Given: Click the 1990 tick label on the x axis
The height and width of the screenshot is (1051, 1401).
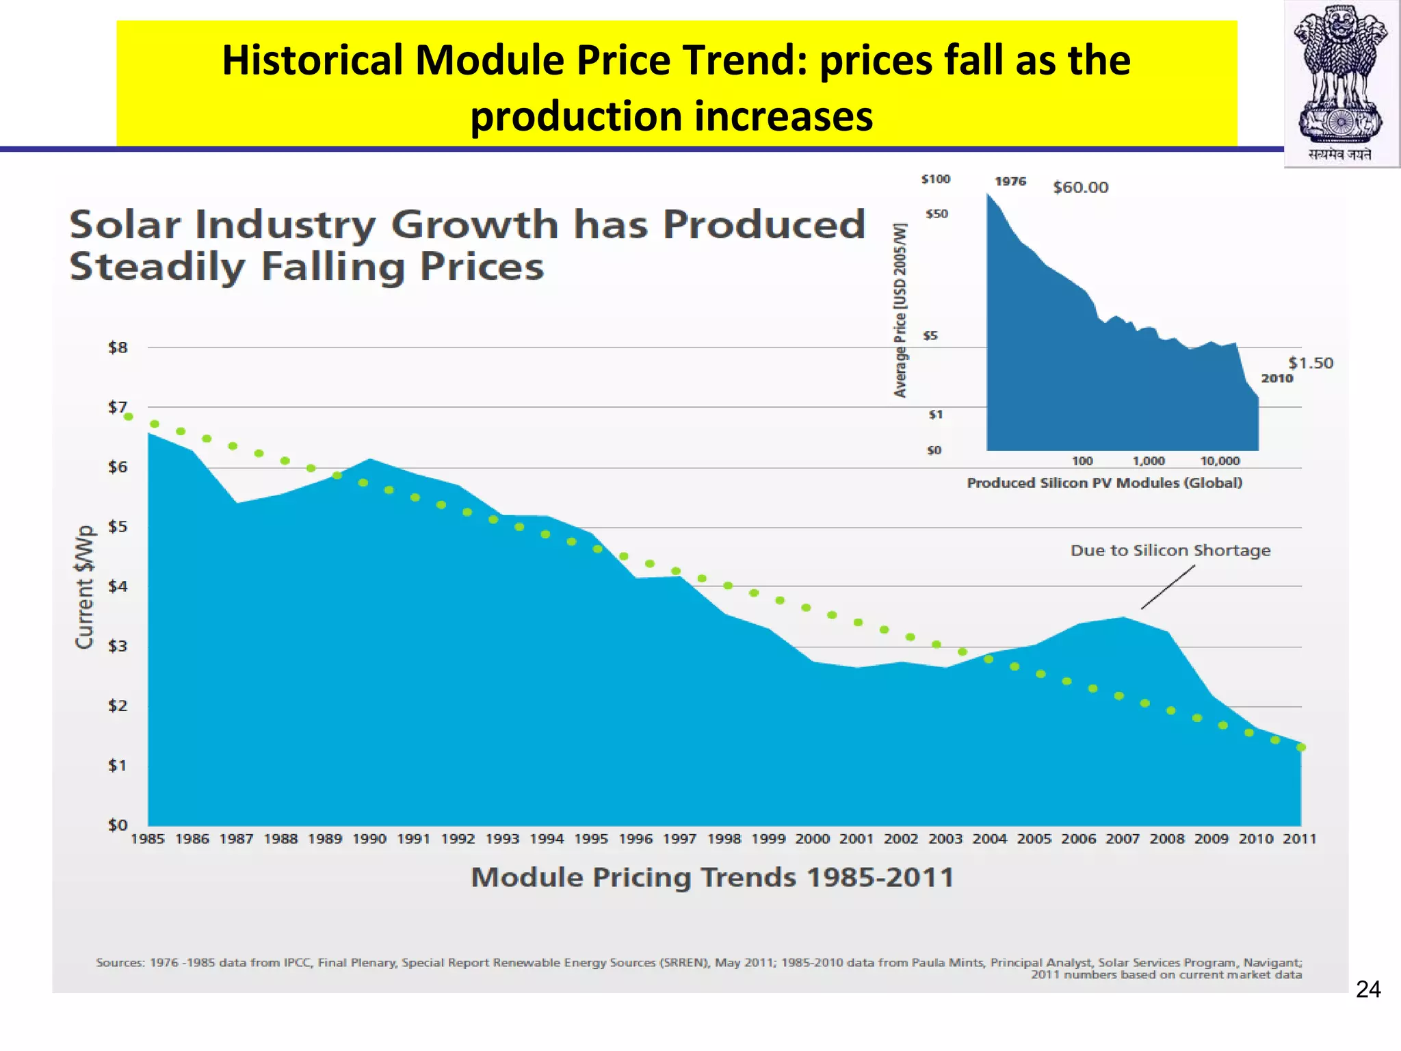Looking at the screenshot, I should coord(369,839).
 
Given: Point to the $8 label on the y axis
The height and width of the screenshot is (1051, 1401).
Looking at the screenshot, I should coord(118,348).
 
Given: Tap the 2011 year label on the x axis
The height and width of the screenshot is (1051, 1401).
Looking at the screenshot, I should coord(1299,839).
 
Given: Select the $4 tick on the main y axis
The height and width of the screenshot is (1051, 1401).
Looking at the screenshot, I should coord(118,586).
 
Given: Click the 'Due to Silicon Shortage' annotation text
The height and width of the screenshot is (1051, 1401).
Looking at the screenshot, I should coord(1170,551).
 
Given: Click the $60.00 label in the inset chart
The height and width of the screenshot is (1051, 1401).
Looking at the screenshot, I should coord(1080,187).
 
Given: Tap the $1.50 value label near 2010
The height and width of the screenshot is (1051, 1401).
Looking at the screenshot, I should coord(1310,363).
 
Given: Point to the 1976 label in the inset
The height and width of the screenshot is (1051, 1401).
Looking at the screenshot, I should coord(1010,181).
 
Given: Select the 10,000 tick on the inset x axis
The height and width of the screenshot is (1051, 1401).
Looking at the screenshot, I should coord(1220,461).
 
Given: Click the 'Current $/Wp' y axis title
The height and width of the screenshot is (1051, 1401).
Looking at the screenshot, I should coord(84,587).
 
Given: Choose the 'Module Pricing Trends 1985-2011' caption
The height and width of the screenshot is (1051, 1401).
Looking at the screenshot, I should coord(712,877).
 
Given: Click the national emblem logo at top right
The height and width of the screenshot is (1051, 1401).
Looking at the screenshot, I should coord(1341,82).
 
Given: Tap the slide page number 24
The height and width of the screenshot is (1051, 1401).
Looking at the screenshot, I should coord(1367,989).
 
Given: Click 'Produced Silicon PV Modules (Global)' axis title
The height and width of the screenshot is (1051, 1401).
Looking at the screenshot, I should coord(1104,483).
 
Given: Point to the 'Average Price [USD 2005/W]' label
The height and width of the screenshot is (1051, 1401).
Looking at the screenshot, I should coord(900,310).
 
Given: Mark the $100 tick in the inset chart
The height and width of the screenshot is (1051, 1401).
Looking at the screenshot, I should coord(935,179).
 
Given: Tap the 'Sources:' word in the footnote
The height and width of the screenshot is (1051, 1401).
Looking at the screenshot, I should coord(119,963).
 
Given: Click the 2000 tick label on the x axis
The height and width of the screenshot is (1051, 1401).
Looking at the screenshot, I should coord(812,839).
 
